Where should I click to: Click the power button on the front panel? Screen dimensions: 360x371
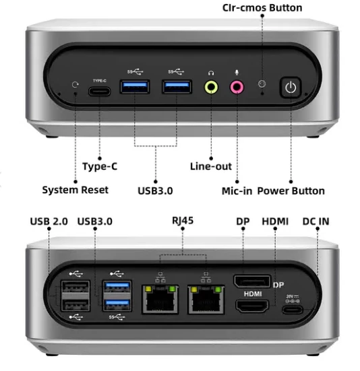291,88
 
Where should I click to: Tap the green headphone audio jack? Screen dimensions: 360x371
211,87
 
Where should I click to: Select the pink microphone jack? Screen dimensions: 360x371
237,87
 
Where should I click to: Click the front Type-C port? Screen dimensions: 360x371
100,92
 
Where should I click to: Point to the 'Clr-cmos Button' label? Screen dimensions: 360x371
262,8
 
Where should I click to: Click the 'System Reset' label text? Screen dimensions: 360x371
75,190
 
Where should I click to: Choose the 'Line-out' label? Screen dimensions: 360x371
211,166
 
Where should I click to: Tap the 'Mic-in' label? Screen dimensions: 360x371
237,191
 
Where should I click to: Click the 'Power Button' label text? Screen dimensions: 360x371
291,191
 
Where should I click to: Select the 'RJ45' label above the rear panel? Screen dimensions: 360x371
183,221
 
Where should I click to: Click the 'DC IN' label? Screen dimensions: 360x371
316,222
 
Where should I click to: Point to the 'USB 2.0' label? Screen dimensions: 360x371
49,222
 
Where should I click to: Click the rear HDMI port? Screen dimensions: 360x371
252,306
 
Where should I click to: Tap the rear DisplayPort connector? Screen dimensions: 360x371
252,281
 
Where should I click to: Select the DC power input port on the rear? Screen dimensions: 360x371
293,310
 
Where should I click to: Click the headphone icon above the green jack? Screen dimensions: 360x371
211,73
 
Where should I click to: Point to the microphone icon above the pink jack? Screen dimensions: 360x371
237,73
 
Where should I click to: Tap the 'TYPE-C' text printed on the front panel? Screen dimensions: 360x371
100,81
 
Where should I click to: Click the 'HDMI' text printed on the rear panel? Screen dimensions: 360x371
253,294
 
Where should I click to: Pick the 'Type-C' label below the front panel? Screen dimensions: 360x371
100,166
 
